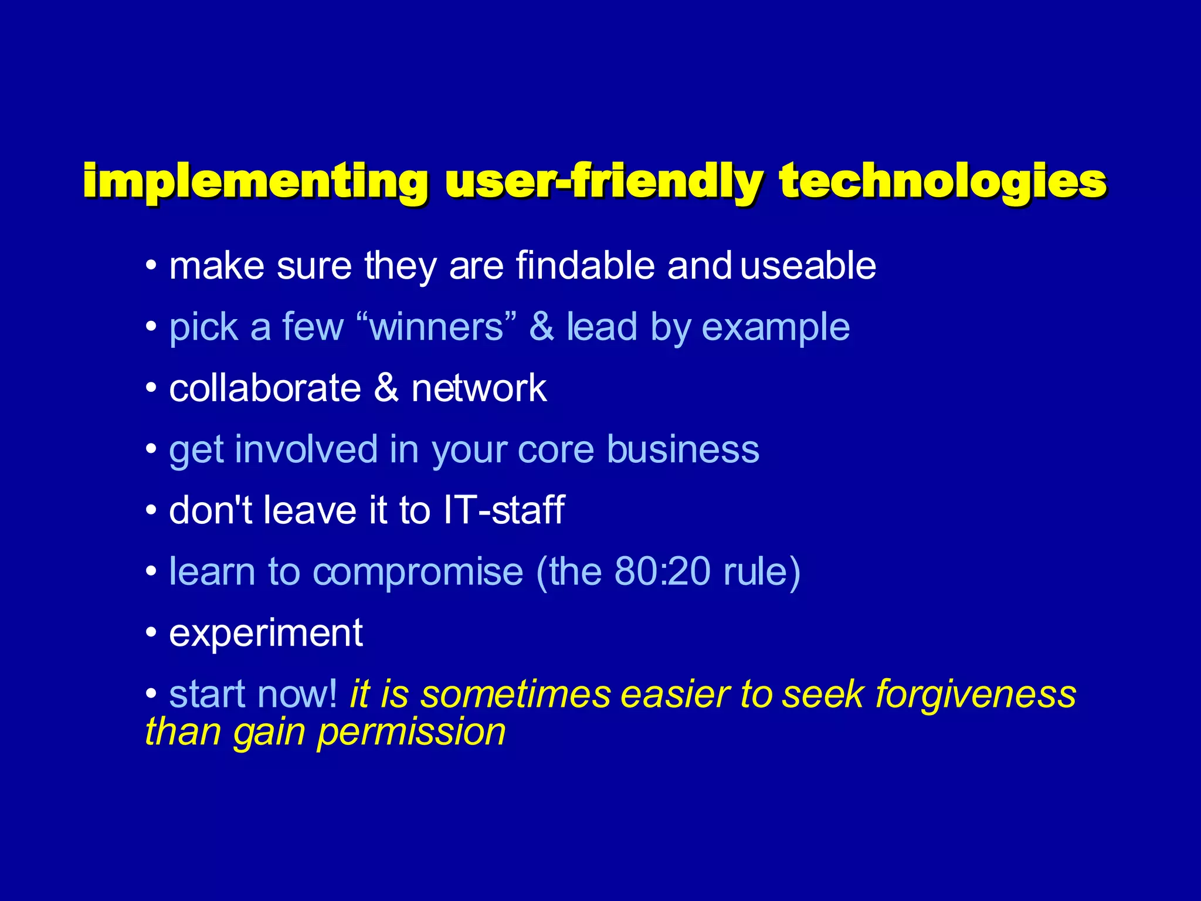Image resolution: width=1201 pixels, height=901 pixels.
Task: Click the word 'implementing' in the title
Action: coord(255,182)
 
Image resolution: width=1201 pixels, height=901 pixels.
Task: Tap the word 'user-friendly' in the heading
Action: coord(604,182)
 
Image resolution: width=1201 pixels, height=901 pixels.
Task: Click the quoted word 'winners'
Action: coord(437,327)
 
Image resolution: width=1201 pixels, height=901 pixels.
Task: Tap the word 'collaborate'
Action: coord(264,388)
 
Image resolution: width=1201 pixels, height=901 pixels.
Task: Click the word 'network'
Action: coord(479,388)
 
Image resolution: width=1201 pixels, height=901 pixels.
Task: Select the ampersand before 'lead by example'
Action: coord(541,327)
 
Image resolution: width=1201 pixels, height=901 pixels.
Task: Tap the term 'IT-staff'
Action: coord(504,510)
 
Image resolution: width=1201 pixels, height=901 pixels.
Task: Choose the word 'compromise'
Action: coord(418,573)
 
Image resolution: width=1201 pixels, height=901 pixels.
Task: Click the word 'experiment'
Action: coord(266,634)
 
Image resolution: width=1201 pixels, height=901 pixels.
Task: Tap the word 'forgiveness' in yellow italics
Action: coord(975,695)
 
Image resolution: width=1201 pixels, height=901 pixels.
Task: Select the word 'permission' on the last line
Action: coord(411,733)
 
